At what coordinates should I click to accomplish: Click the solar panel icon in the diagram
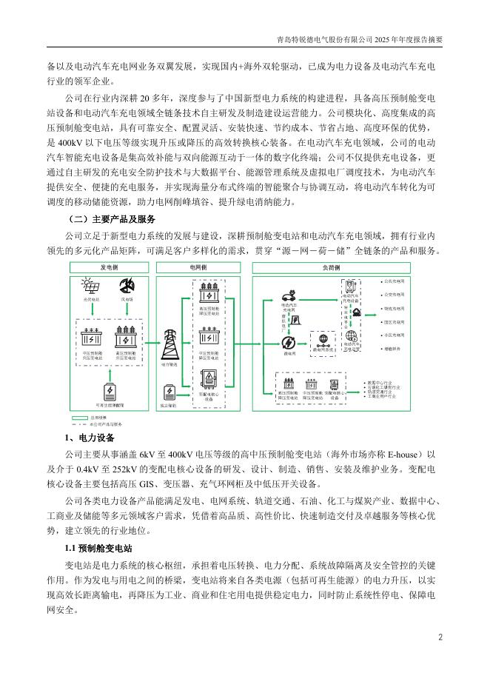coord(92,285)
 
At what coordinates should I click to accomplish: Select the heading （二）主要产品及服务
coord(111,219)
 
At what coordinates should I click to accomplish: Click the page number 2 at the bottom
coord(440,637)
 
